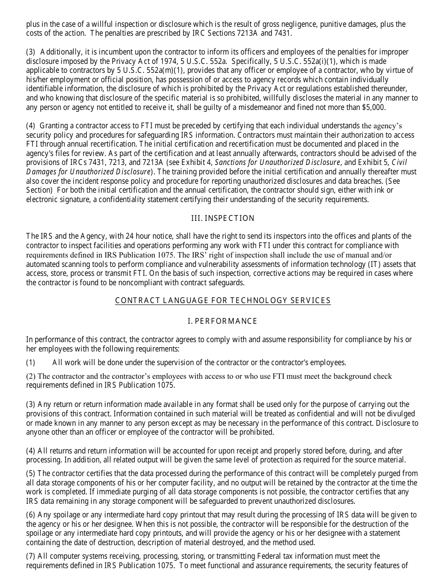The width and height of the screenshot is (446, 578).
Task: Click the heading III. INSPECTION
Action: pos(223,218)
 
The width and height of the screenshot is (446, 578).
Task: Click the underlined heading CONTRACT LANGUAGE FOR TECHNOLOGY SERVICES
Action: pos(223,300)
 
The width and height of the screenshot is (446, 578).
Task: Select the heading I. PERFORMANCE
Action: pos(223,321)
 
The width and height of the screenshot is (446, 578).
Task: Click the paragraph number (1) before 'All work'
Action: pos(31,362)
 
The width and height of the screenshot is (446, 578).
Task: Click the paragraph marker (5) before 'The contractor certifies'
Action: pos(31,473)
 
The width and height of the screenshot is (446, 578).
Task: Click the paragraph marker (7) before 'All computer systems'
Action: pos(31,556)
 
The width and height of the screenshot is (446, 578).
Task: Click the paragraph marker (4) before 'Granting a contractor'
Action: pos(31,125)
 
